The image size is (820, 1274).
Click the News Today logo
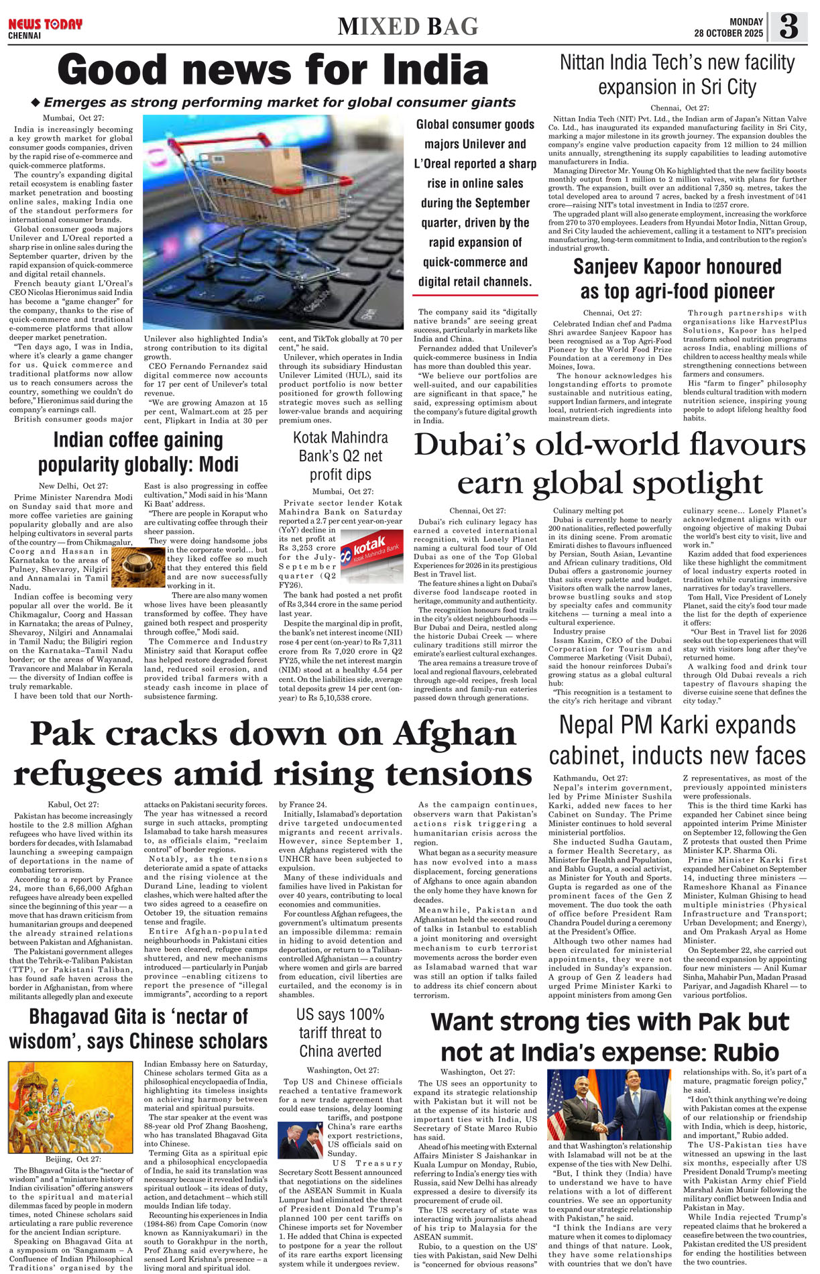tap(45, 25)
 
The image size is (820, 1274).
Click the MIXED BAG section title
tap(408, 27)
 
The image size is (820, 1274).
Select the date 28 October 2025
tap(728, 33)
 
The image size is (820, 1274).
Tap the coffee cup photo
tap(138, 567)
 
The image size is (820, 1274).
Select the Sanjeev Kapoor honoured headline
tap(677, 279)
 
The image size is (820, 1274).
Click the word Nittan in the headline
tap(588, 63)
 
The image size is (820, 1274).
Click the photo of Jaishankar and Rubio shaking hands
tap(611, 1104)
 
